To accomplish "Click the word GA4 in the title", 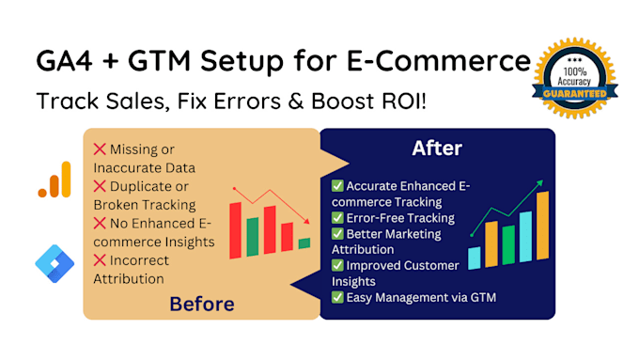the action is pyautogui.click(x=64, y=61).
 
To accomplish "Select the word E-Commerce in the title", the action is pyautogui.click(x=439, y=61).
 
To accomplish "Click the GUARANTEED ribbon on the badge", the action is pyautogui.click(x=574, y=94).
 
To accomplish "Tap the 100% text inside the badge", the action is pyautogui.click(x=574, y=72).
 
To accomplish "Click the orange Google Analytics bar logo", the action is pyautogui.click(x=55, y=180).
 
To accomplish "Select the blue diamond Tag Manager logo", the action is pyautogui.click(x=55, y=264).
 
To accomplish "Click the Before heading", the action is pyautogui.click(x=202, y=305).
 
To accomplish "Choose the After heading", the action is pyautogui.click(x=437, y=148).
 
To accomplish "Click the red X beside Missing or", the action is pyautogui.click(x=100, y=149).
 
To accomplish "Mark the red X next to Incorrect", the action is pyautogui.click(x=100, y=260).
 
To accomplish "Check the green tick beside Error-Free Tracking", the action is pyautogui.click(x=337, y=218).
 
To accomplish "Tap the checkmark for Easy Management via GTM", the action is pyautogui.click(x=337, y=297).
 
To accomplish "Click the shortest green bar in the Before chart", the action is pyautogui.click(x=304, y=243).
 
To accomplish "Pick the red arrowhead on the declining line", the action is pyautogui.click(x=307, y=221).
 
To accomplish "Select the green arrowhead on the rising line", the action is pyautogui.click(x=540, y=182).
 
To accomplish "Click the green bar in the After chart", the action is pyautogui.click(x=508, y=244).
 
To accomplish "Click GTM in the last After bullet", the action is pyautogui.click(x=483, y=297).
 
